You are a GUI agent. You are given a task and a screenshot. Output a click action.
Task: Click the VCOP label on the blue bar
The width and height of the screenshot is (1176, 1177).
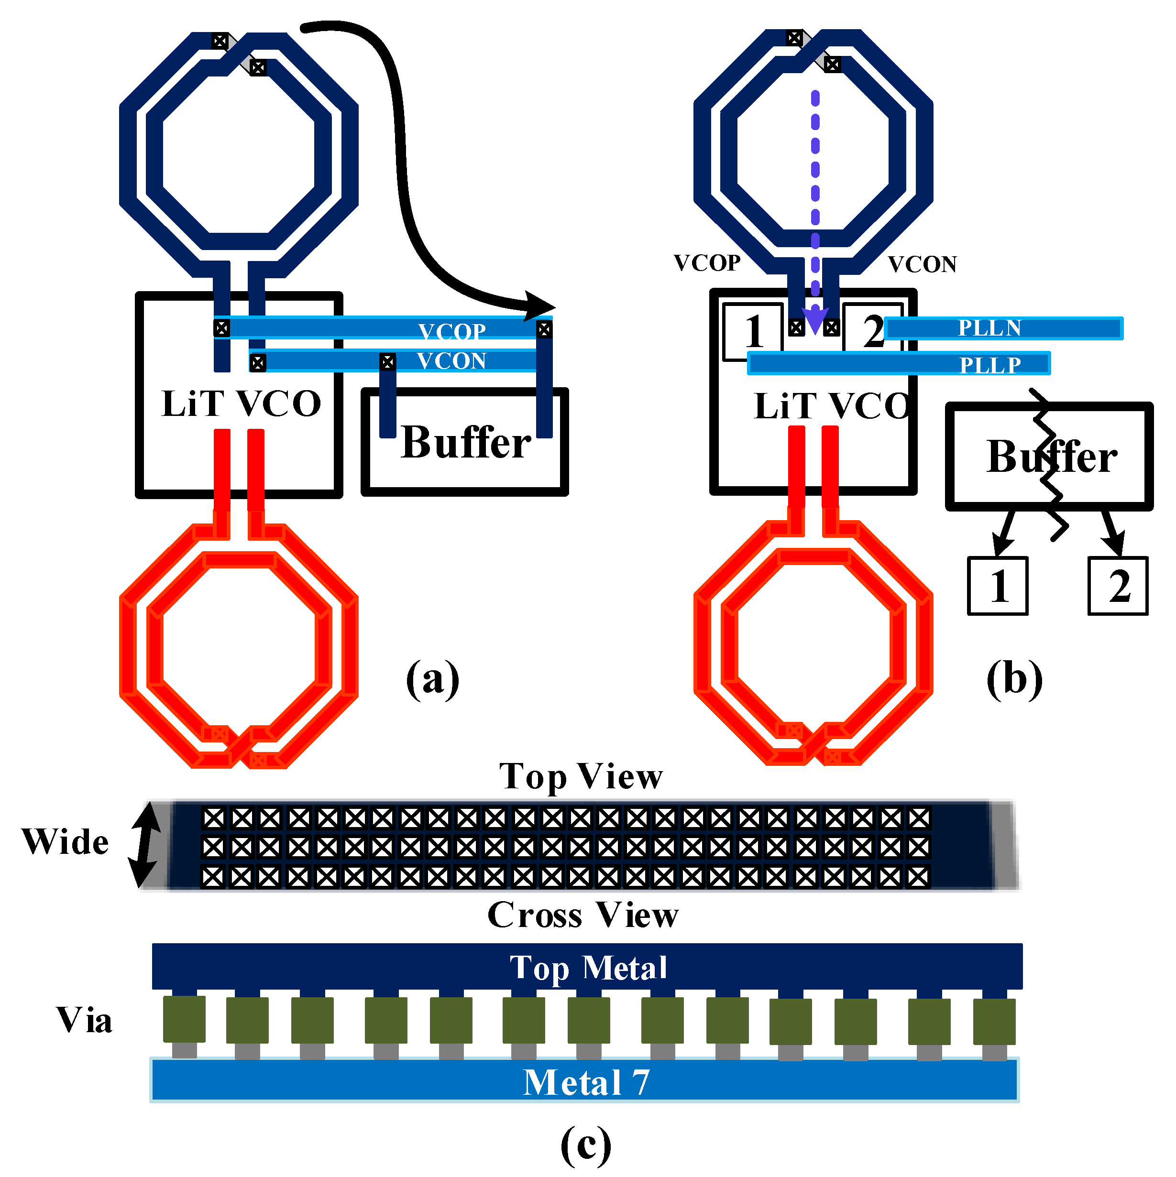(452, 331)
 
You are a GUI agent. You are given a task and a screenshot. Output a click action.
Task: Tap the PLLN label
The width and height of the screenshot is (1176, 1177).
(989, 328)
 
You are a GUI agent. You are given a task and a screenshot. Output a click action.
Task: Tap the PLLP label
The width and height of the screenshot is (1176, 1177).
(990, 365)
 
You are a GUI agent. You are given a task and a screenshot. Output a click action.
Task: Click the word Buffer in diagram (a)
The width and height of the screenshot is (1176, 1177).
(466, 442)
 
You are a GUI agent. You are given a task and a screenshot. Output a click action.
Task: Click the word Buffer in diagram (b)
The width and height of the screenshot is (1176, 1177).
(1052, 457)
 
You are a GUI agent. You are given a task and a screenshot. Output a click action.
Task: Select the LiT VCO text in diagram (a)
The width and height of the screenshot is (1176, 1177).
(242, 403)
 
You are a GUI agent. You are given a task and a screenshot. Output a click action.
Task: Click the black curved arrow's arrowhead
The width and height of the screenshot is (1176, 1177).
(540, 306)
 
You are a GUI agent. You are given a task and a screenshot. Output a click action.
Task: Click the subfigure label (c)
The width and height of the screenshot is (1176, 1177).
(585, 1144)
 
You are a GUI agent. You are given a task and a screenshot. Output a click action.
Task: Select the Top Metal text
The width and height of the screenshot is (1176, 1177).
(588, 968)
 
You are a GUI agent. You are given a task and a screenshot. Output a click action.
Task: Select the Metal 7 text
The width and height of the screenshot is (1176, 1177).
(586, 1082)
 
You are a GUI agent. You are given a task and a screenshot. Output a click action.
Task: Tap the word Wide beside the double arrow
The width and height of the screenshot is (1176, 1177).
(65, 842)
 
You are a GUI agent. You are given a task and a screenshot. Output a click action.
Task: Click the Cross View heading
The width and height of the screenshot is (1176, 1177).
(583, 915)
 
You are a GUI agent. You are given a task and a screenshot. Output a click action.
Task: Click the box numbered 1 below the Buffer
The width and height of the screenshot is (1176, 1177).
(998, 586)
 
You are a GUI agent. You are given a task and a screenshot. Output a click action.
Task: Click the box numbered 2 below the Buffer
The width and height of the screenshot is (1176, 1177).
(1118, 586)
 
